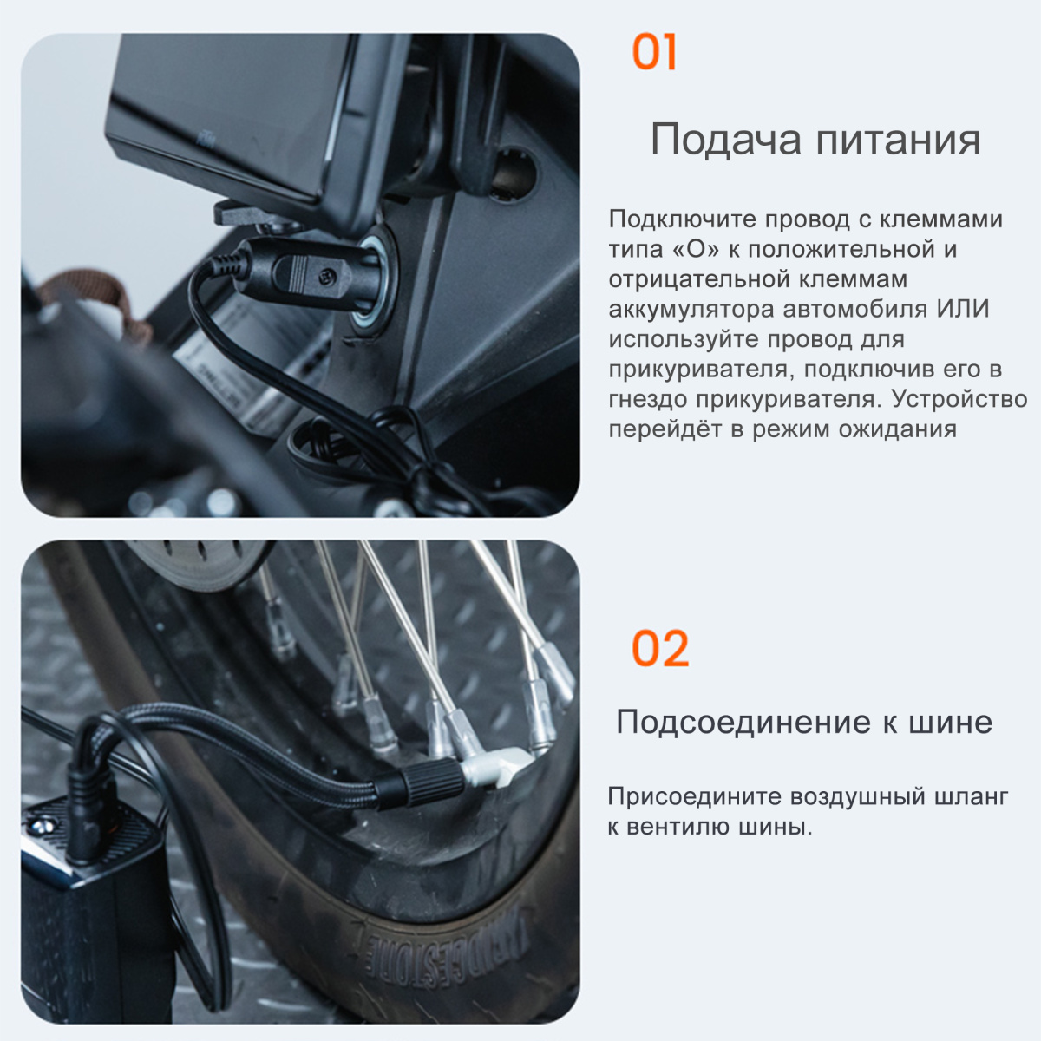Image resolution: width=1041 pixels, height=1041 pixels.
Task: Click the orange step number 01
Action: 654,52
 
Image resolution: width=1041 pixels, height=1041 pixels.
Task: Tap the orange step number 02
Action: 660,648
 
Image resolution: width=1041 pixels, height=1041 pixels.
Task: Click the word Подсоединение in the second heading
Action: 743,723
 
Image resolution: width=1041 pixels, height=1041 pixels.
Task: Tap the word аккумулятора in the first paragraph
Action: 692,310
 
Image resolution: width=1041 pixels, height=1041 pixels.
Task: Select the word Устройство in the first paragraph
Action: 959,399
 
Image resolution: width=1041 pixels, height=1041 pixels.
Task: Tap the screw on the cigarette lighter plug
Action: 327,277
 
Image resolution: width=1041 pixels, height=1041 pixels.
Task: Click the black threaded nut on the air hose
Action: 433,782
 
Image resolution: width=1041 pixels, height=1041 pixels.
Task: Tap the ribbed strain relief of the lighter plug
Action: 227,265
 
